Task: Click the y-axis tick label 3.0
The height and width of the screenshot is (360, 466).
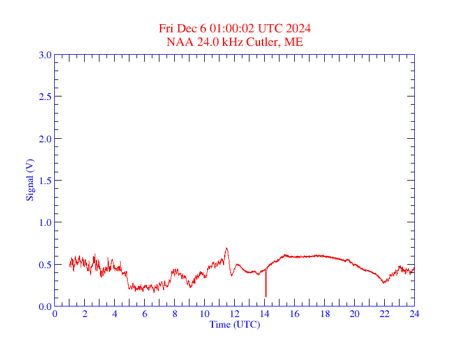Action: (45, 55)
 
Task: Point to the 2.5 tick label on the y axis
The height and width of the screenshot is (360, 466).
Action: (45, 96)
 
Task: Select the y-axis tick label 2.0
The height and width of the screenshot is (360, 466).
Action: (45, 139)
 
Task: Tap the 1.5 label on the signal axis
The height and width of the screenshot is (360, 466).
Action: (45, 181)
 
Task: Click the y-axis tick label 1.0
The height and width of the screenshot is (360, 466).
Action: (45, 222)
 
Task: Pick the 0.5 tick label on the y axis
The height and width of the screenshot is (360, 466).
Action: (45, 265)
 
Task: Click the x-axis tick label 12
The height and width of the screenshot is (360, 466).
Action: (234, 314)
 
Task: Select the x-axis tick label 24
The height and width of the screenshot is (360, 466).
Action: (414, 314)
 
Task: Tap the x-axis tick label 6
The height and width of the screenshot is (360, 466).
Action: (145, 314)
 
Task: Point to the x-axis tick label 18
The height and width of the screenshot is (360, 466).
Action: (324, 314)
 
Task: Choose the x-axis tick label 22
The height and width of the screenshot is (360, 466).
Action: (384, 314)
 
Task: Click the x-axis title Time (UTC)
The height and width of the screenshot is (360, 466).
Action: (234, 324)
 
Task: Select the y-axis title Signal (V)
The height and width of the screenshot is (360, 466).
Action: (29, 180)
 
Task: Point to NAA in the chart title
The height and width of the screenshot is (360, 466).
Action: (178, 42)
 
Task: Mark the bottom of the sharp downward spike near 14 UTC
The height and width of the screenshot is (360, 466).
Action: (266, 296)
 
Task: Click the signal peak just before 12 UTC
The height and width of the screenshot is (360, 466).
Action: (227, 248)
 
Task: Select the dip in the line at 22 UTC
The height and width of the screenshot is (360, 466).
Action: (384, 283)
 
